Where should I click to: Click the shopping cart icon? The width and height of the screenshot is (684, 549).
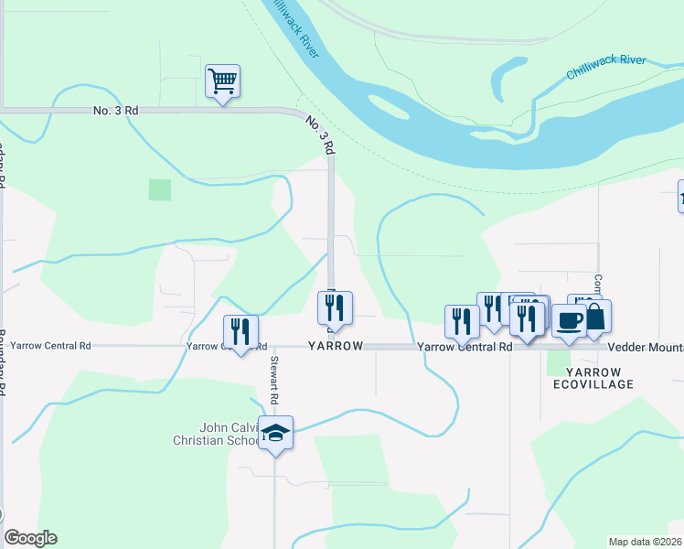click(x=222, y=81)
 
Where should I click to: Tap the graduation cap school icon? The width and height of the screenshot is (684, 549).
click(x=274, y=433)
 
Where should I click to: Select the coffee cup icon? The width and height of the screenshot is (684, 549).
click(x=570, y=321)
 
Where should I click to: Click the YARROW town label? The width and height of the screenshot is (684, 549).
click(x=336, y=347)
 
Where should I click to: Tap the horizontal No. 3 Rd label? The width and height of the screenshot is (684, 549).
click(x=115, y=111)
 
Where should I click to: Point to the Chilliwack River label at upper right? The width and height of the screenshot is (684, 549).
click(x=605, y=67)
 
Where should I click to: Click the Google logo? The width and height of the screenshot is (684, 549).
click(x=30, y=538)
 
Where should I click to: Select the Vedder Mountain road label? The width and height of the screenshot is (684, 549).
click(x=646, y=348)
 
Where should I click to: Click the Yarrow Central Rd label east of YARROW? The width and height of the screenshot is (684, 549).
click(x=465, y=348)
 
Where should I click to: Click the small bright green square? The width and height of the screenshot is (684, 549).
click(x=160, y=189)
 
